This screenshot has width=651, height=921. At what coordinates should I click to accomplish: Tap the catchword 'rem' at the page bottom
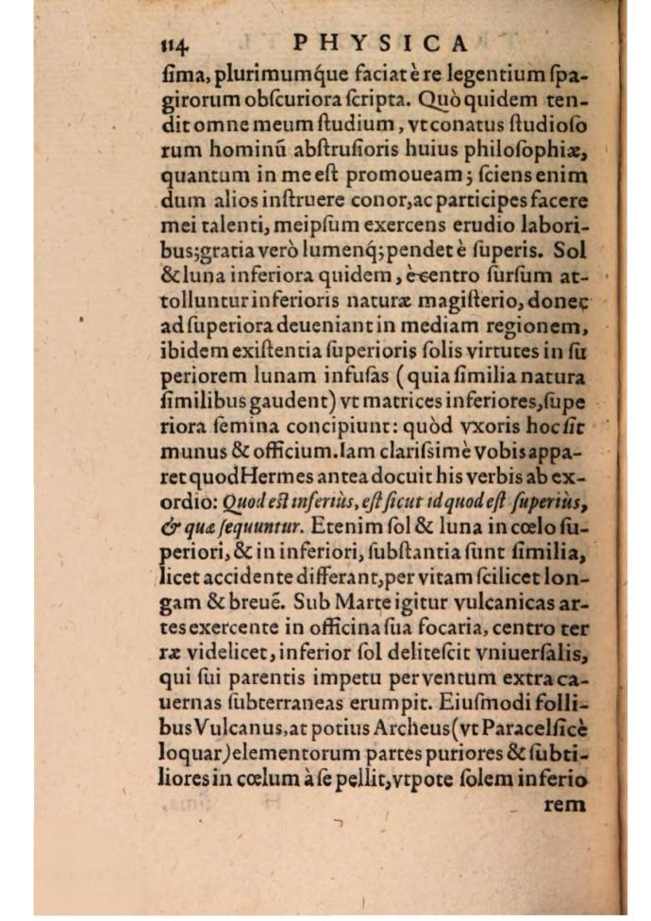[565, 805]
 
